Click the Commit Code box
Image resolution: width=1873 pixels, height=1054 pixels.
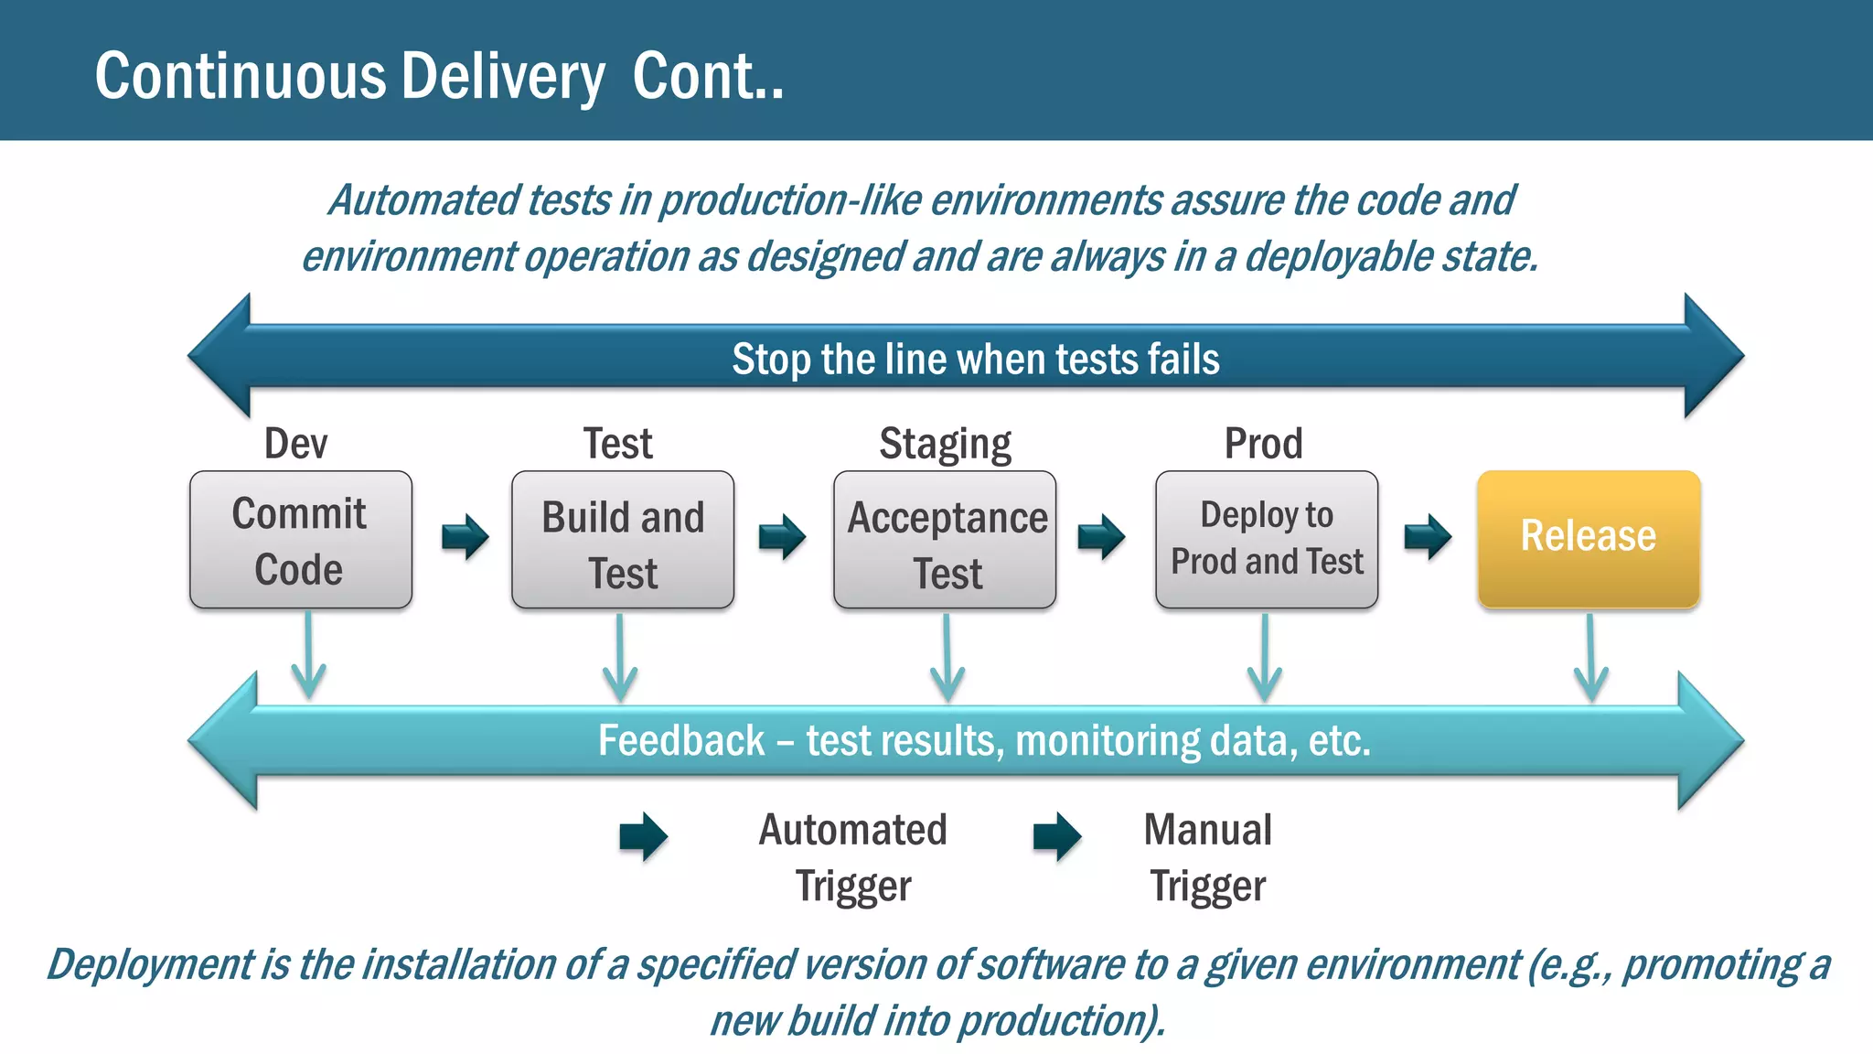[300, 540]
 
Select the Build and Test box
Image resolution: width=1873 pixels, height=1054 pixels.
[623, 540]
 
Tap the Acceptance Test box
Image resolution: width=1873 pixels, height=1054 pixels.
[945, 540]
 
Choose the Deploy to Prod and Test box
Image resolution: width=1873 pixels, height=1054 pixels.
[1267, 540]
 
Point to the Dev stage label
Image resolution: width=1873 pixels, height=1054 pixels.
[295, 444]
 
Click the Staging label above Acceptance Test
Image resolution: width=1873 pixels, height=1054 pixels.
[945, 445]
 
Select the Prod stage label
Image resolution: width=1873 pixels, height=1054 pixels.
[1263, 444]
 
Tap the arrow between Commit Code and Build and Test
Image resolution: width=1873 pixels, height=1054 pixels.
[465, 536]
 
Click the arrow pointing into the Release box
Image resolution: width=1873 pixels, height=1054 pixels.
[1428, 536]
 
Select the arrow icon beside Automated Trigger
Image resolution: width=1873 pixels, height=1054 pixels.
[643, 836]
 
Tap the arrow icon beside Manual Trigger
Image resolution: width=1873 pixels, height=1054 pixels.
[1057, 836]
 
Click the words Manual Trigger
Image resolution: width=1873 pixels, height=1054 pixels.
[1207, 857]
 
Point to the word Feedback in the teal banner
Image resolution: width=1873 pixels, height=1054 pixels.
[680, 740]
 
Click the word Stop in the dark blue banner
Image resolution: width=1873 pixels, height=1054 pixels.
[771, 360]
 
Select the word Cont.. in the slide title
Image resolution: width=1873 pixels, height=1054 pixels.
[708, 76]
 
